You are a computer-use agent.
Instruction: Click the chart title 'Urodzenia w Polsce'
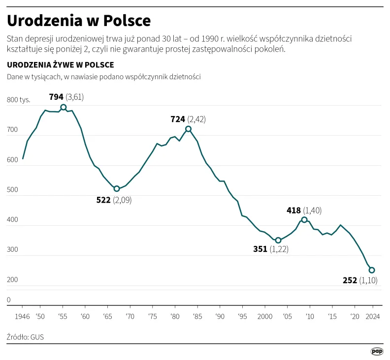[x=79, y=21]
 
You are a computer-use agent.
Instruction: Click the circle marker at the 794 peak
[x=64, y=107]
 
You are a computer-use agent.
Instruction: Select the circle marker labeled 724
[x=188, y=129]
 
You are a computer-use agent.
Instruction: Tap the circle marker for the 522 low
[x=117, y=189]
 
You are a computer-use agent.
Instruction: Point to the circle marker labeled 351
[x=278, y=240]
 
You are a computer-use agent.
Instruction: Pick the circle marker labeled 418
[x=304, y=220]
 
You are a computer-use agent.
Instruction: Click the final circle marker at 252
[x=372, y=270]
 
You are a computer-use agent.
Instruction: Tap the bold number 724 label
[x=177, y=119]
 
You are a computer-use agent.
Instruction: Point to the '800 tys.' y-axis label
[x=19, y=100]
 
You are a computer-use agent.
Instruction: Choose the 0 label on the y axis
[x=9, y=300]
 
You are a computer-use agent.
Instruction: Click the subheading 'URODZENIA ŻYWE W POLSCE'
[x=61, y=65]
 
